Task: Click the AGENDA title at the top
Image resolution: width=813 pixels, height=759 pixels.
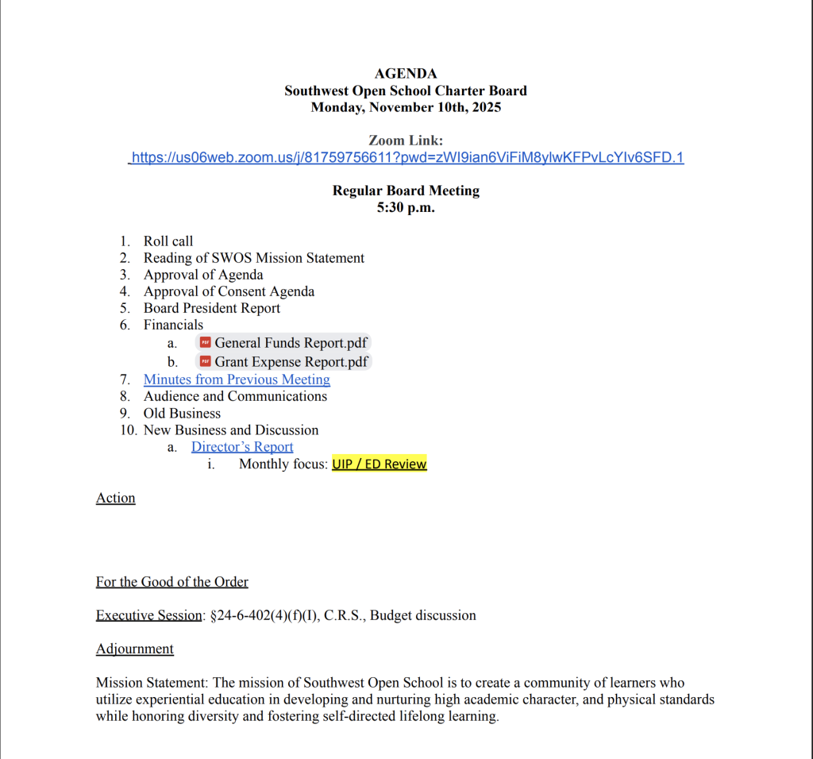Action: (406, 74)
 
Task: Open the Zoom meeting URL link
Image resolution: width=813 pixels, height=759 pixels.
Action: (406, 157)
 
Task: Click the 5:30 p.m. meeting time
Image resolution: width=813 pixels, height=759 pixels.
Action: (406, 208)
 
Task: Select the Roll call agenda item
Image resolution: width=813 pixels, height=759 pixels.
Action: (168, 241)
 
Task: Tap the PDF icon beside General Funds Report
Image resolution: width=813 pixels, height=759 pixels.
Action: (206, 343)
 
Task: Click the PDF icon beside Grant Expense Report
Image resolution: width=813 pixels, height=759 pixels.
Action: (206, 362)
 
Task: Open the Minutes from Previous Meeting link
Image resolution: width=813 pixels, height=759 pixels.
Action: (237, 379)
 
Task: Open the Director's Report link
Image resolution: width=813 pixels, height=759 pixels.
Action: (242, 447)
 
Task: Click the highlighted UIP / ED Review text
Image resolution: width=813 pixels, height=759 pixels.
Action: (379, 464)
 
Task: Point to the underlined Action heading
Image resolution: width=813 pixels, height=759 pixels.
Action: (116, 498)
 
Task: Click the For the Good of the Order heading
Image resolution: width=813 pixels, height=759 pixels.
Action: (172, 582)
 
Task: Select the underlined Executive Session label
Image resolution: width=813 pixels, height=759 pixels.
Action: (149, 615)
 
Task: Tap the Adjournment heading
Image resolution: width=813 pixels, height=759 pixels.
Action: (135, 649)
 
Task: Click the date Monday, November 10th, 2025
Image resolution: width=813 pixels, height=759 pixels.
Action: (406, 107)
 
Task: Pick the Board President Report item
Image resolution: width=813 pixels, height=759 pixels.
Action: (212, 308)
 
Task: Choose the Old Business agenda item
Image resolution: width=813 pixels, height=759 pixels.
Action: (182, 413)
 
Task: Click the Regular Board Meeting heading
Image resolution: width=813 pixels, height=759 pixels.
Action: (406, 191)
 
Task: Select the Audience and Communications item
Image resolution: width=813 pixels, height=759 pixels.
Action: (235, 396)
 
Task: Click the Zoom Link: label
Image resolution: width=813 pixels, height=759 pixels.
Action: (406, 141)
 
